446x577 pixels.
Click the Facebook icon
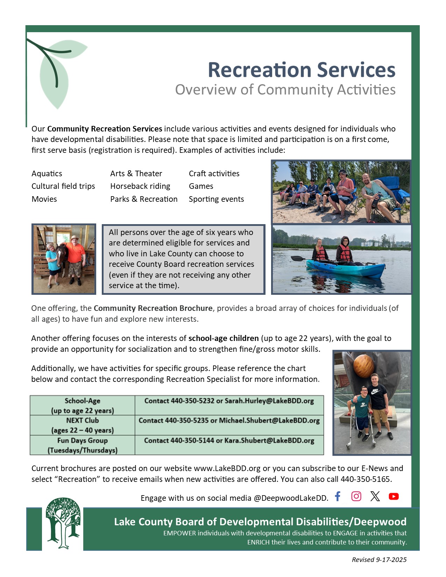click(337, 496)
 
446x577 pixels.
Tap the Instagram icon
click(356, 496)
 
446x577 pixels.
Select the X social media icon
click(375, 496)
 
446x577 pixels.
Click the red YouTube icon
click(394, 496)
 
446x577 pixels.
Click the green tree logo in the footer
click(63, 523)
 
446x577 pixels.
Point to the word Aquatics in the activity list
click(47, 173)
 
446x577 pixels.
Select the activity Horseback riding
click(140, 186)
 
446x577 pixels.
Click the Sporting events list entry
click(216, 199)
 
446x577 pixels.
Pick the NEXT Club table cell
click(82, 425)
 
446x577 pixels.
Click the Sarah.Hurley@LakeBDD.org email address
click(269, 401)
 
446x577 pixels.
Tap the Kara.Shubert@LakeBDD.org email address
click(269, 441)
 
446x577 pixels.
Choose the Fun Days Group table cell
click(82, 445)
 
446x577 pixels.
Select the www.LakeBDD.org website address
click(227, 468)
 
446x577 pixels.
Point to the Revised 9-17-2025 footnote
click(379, 560)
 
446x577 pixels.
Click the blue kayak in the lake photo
click(346, 269)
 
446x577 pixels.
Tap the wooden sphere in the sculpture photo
click(364, 366)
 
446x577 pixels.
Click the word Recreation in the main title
click(260, 70)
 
